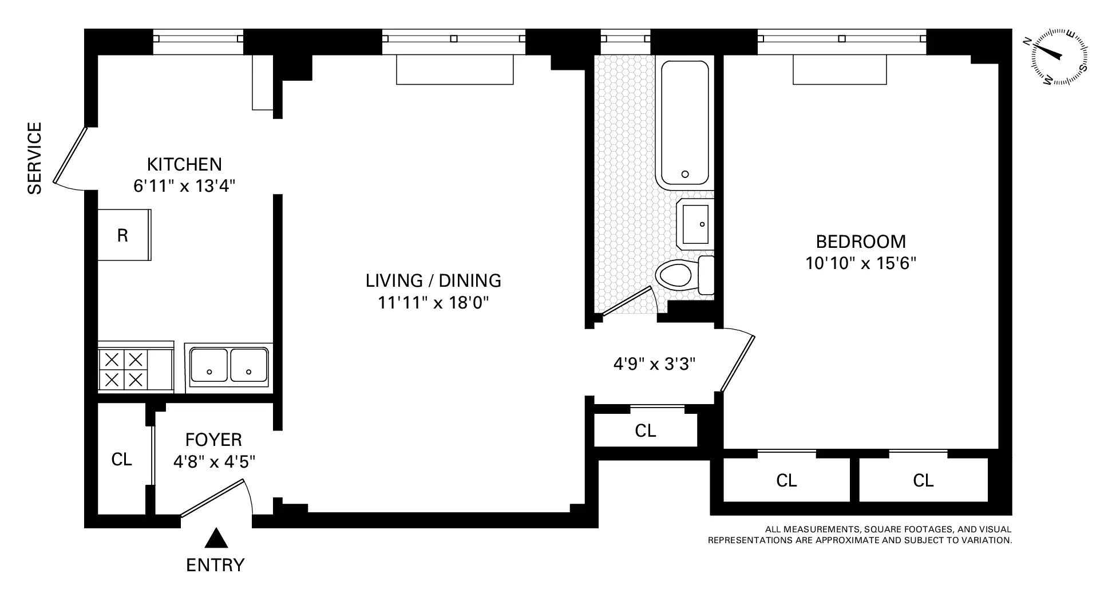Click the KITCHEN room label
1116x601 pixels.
(x=184, y=164)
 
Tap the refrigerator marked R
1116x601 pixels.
(x=124, y=235)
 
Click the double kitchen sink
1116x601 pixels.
(x=229, y=365)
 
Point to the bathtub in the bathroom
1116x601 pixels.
(x=685, y=123)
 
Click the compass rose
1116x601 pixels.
(x=1059, y=57)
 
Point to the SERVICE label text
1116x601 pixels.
(x=35, y=158)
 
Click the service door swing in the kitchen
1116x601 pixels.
(x=70, y=156)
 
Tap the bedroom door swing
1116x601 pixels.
(x=738, y=362)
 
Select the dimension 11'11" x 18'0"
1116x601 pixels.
(x=433, y=302)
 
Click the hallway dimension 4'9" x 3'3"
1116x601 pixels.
(x=654, y=364)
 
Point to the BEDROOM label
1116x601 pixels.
(x=861, y=242)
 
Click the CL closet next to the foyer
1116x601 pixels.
(x=121, y=459)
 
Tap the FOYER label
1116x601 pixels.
(x=213, y=440)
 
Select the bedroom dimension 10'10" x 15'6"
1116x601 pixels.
(x=861, y=263)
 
